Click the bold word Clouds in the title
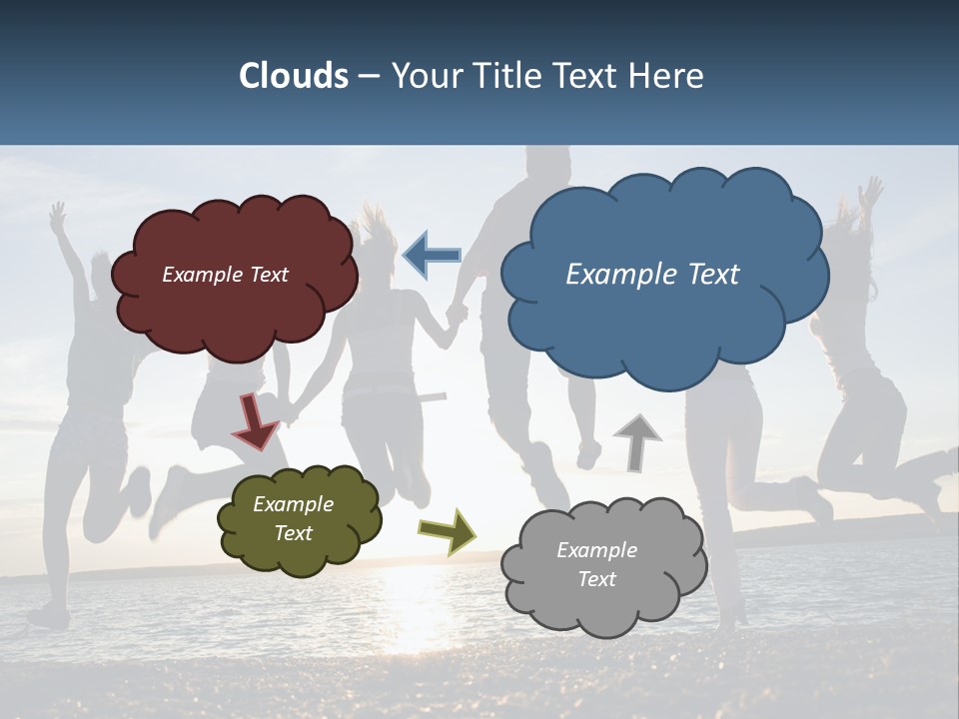[293, 76]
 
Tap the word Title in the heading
[506, 76]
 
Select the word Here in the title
[666, 76]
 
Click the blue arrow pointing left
[432, 256]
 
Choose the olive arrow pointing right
[448, 531]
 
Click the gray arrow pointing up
[636, 440]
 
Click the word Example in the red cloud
[198, 275]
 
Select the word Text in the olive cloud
[294, 533]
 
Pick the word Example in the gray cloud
[596, 550]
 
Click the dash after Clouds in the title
[367, 76]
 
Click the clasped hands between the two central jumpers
[457, 313]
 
